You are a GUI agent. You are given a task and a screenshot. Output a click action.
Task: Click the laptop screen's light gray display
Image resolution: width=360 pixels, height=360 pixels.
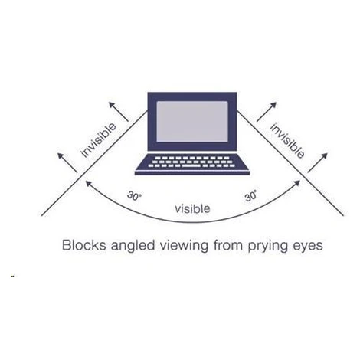[192, 122]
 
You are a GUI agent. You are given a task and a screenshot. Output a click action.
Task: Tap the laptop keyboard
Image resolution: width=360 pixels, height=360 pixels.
[192, 162]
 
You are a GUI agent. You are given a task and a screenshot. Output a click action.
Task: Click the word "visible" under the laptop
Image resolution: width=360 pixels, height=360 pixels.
[192, 208]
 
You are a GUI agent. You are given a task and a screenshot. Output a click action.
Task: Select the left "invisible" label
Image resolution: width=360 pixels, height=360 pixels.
[98, 140]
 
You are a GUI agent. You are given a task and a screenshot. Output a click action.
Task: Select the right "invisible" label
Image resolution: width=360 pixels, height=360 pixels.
[287, 140]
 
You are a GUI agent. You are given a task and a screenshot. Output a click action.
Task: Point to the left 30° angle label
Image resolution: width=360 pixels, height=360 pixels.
[134, 196]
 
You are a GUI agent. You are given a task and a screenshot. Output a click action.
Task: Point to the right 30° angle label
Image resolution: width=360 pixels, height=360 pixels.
[250, 196]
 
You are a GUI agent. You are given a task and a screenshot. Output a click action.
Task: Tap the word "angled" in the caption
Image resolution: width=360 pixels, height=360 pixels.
[133, 246]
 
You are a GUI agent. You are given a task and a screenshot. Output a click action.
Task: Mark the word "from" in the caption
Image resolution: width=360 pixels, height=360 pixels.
[227, 245]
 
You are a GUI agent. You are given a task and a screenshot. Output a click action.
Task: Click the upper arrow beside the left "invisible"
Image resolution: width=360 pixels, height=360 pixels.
[119, 112]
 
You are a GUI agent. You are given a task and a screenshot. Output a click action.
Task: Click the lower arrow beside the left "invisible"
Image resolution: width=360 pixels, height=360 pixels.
[67, 162]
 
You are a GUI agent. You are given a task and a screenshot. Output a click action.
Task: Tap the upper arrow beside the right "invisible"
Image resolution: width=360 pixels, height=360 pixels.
[267, 112]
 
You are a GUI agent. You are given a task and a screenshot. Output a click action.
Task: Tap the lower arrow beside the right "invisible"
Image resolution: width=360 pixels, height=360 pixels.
[317, 162]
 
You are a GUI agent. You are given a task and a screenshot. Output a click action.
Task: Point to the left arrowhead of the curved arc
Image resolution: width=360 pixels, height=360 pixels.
[88, 183]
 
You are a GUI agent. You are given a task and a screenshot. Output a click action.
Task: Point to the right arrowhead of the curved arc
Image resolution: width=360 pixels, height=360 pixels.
[297, 183]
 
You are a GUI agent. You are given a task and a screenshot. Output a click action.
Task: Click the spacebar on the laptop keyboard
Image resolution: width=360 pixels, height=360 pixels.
[191, 165]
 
